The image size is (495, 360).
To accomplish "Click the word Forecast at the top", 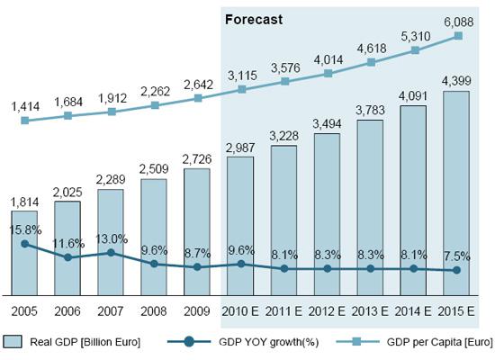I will (x=255, y=18).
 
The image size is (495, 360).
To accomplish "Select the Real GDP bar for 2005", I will (x=24, y=252).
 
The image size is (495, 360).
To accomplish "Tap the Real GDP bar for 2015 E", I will (x=456, y=193).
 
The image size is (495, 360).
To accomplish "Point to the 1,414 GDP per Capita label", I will (x=24, y=106).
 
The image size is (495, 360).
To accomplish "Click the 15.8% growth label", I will (x=24, y=229).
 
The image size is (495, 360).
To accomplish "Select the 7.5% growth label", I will (x=456, y=254).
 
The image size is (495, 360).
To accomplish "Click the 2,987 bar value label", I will (x=240, y=147).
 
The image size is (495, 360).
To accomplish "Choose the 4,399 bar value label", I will (x=456, y=82).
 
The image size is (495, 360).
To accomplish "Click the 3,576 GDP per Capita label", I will (x=283, y=67).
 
